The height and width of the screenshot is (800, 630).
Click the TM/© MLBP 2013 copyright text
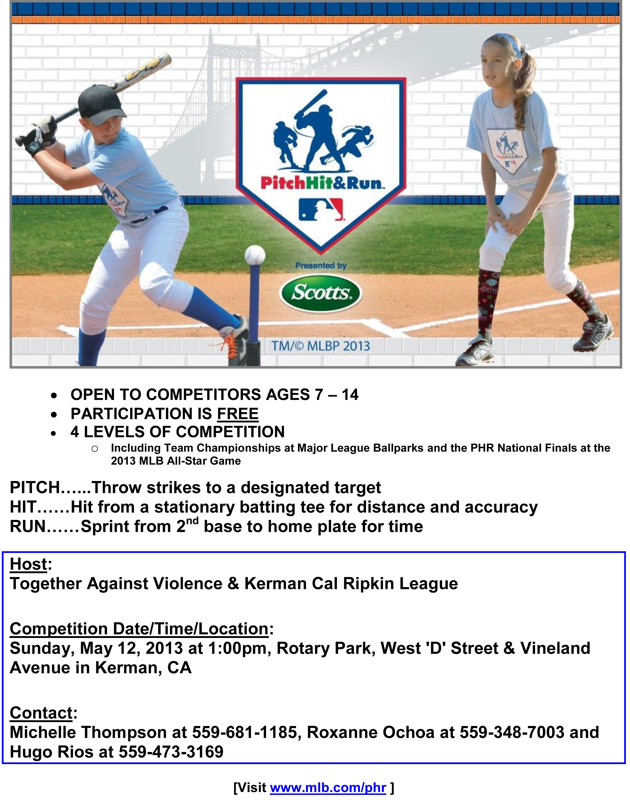(320, 346)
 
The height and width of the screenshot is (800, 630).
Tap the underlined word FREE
(238, 414)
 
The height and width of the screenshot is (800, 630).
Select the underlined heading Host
(28, 564)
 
